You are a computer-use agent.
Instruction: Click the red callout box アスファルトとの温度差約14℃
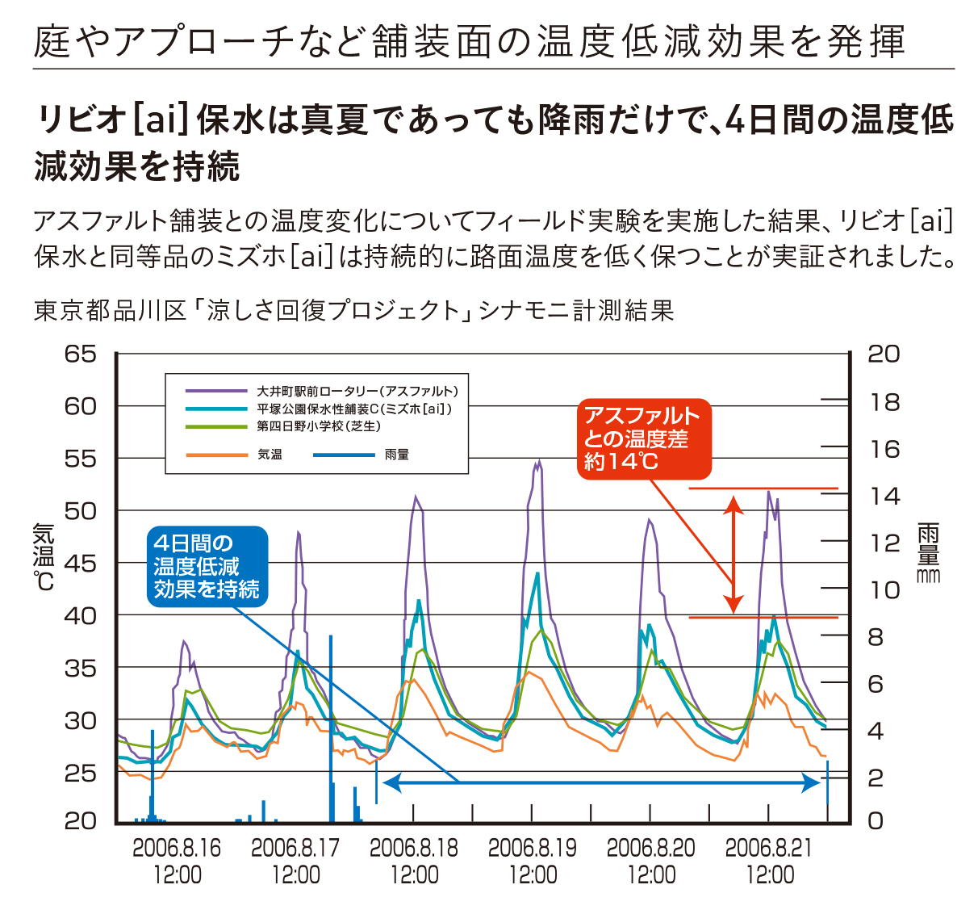pyautogui.click(x=644, y=438)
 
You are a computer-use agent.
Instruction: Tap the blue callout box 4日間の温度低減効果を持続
pyautogui.click(x=207, y=566)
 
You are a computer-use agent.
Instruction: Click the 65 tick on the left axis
pyautogui.click(x=80, y=354)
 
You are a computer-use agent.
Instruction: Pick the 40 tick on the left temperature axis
pyautogui.click(x=80, y=615)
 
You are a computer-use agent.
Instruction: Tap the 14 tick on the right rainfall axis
pyautogui.click(x=884, y=496)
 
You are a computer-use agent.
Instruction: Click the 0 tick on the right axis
pyautogui.click(x=876, y=821)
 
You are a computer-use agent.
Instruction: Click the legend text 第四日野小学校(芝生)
pyautogui.click(x=318, y=426)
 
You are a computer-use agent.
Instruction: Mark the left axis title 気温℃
pyautogui.click(x=44, y=557)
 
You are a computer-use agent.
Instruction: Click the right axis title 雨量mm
pyautogui.click(x=928, y=552)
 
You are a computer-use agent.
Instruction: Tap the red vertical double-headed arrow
pyautogui.click(x=733, y=554)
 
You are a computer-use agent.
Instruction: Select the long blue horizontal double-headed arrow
pyautogui.click(x=601, y=782)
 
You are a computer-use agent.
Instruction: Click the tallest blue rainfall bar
pyautogui.click(x=331, y=727)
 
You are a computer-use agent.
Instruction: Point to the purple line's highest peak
pyautogui.click(x=538, y=462)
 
